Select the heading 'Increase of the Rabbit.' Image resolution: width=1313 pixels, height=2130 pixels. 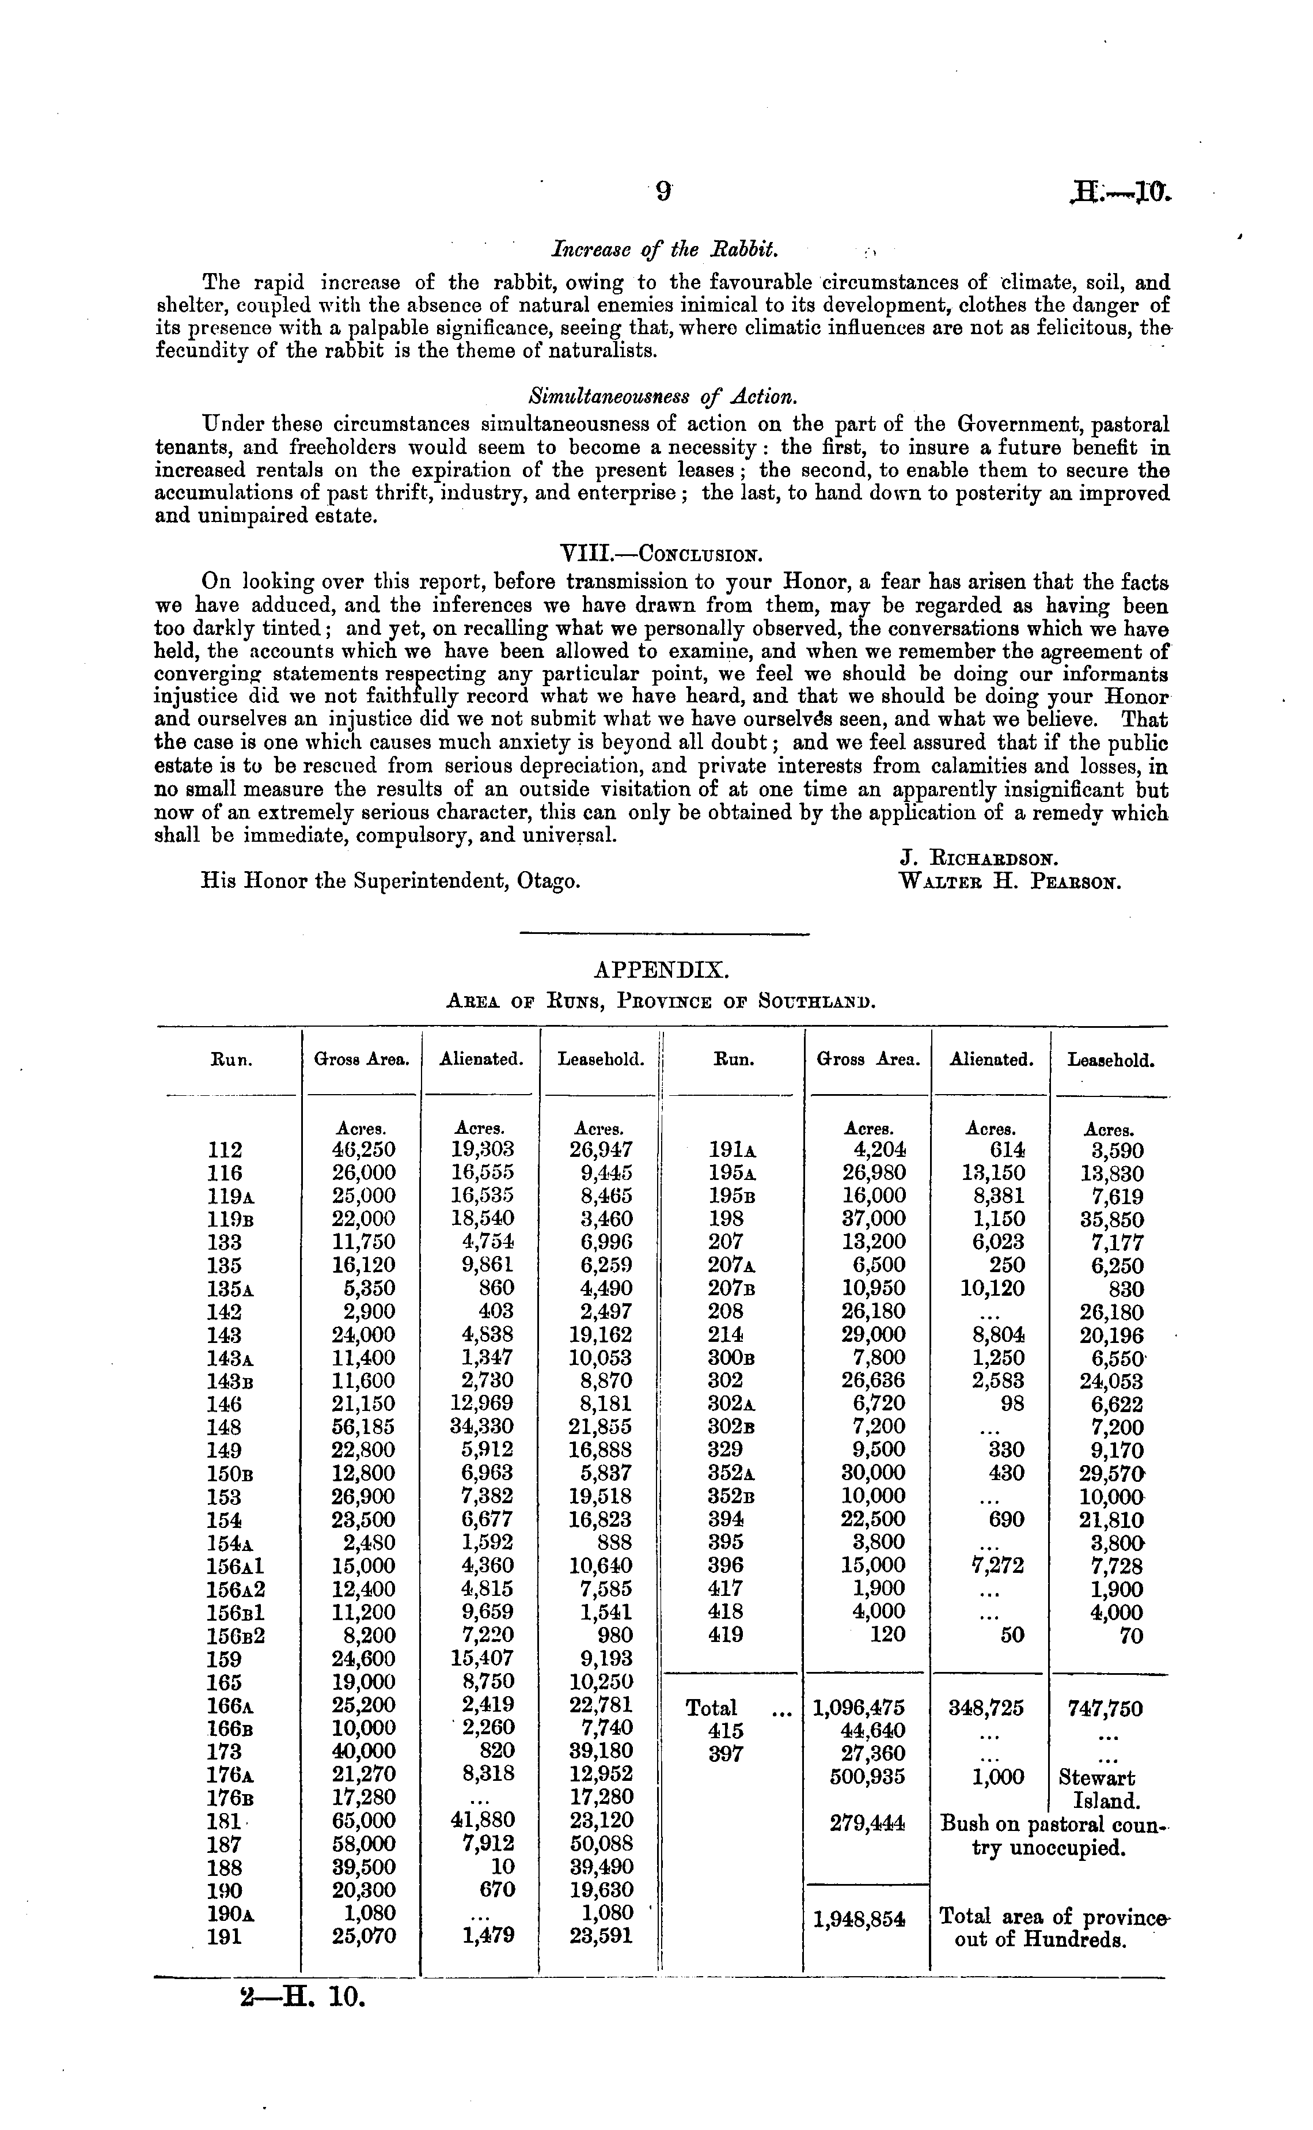(665, 250)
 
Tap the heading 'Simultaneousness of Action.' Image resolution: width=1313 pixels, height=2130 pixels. (663, 397)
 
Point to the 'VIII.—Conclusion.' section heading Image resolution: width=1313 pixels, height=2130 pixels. (663, 553)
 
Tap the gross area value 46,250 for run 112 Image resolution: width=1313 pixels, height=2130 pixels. (364, 1150)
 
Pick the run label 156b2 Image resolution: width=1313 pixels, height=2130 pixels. (236, 1636)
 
